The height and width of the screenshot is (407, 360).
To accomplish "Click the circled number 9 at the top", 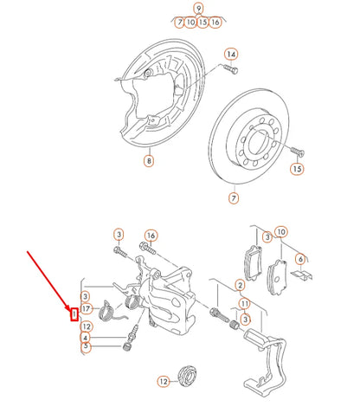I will pyautogui.click(x=198, y=9).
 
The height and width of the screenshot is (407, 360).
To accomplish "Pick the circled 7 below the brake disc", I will pyautogui.click(x=233, y=198).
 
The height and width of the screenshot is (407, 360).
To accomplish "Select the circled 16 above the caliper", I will pyautogui.click(x=151, y=236).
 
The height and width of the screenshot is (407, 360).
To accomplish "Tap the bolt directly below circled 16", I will pyautogui.click(x=145, y=253).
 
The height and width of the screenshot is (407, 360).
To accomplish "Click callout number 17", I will pyautogui.click(x=87, y=308).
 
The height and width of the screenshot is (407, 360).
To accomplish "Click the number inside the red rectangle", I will pyautogui.click(x=74, y=313).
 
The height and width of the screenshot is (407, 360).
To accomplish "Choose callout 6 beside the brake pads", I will pyautogui.click(x=300, y=258).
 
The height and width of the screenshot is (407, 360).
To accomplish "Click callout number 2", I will pyautogui.click(x=239, y=285).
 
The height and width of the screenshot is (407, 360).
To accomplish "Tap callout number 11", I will pyautogui.click(x=245, y=304).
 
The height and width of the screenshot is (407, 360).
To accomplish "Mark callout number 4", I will pyautogui.click(x=87, y=337).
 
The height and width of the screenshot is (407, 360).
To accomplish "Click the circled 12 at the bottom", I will pyautogui.click(x=162, y=381).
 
